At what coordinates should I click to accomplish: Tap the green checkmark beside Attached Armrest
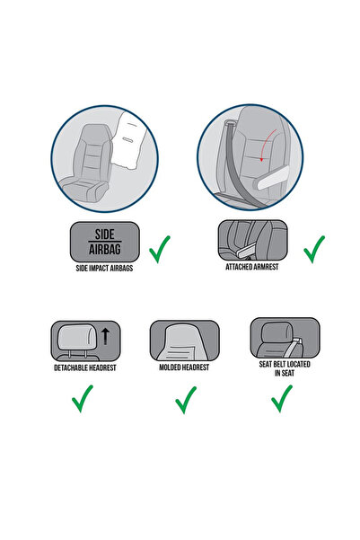(314, 249)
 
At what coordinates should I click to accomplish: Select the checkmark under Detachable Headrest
(83, 397)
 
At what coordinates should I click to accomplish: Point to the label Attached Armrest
(253, 268)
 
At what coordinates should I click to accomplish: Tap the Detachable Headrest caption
(83, 368)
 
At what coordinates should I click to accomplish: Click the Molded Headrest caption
(186, 368)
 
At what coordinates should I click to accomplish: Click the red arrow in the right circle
(264, 154)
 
